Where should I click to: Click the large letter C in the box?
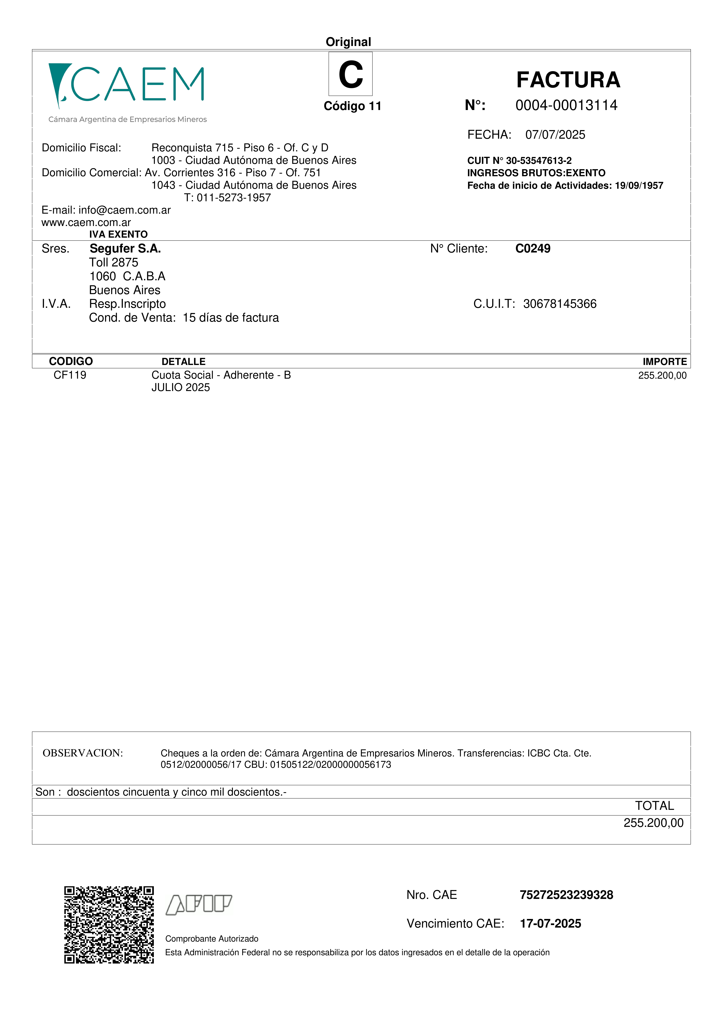click(351, 74)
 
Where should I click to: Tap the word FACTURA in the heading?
click(568, 80)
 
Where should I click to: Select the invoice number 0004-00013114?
click(566, 105)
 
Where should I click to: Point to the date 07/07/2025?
click(555, 135)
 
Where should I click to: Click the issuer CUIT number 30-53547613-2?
click(539, 161)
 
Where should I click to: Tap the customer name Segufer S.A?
click(125, 249)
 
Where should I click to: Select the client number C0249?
click(533, 249)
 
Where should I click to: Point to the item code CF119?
click(70, 375)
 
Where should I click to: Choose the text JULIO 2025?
click(181, 387)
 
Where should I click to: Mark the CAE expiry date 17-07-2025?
click(550, 924)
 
